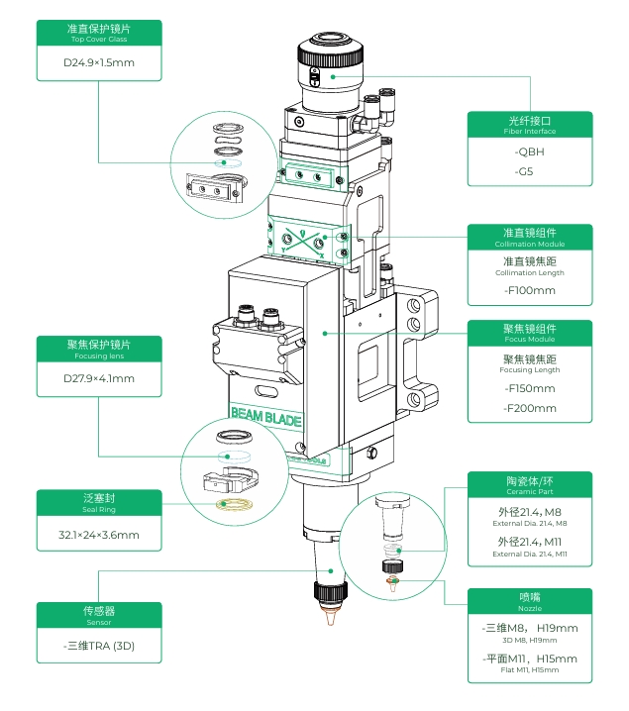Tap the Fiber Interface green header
tap(530, 124)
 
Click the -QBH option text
tap(530, 152)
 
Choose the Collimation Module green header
tap(530, 237)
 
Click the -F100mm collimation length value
tap(530, 290)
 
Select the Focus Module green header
tap(530, 333)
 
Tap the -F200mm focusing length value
tap(530, 408)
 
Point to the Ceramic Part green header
tap(530, 484)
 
